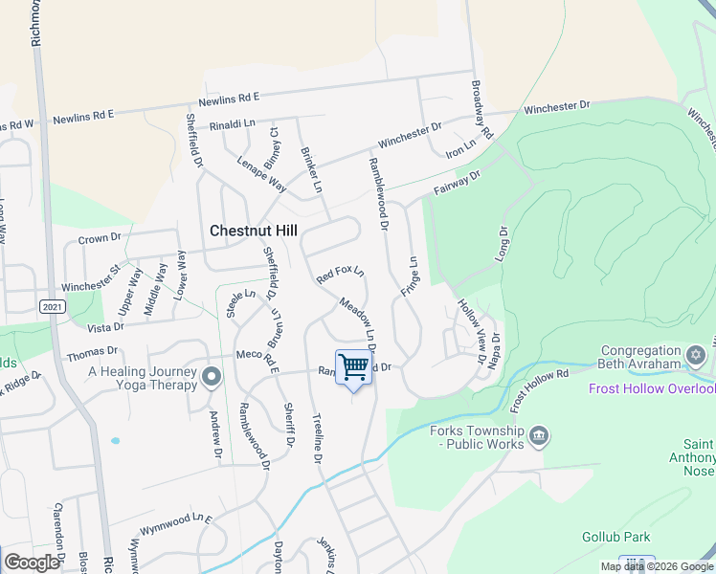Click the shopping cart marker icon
[x=354, y=367]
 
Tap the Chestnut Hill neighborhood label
[x=254, y=231]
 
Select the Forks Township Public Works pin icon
[x=540, y=437]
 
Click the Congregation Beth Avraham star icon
[x=696, y=356]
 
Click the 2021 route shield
[x=53, y=306]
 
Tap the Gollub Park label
[x=615, y=537]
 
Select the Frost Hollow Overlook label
[x=651, y=388]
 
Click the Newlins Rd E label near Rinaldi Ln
[x=230, y=99]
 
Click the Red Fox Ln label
[x=341, y=275]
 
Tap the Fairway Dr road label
[x=455, y=182]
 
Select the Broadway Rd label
[x=481, y=107]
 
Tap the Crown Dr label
[x=100, y=238]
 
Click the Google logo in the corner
[x=32, y=563]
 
